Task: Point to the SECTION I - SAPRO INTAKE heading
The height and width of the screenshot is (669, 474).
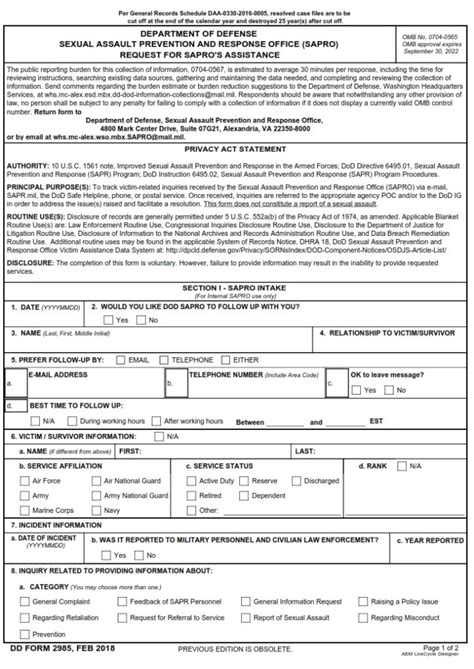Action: point(236,286)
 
